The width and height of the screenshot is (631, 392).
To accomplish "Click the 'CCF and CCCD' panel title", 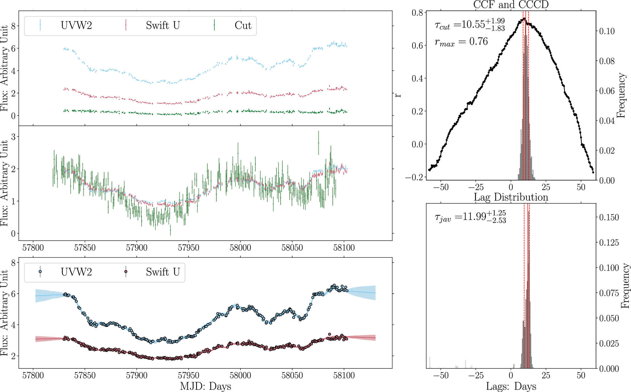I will click(511, 5).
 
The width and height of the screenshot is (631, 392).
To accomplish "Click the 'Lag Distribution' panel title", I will click(511, 197).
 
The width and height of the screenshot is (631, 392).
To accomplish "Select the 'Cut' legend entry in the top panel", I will click(243, 26).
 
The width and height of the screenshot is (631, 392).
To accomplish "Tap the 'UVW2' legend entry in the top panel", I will click(76, 26).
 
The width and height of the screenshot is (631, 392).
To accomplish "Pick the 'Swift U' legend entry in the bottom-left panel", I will click(163, 272).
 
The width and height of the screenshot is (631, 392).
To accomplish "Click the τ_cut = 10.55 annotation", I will click(470, 25).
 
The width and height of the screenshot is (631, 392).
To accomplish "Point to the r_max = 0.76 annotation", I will click(461, 42).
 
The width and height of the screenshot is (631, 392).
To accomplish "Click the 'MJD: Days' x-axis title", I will click(205, 386).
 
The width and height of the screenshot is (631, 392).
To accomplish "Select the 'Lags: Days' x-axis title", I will click(511, 386).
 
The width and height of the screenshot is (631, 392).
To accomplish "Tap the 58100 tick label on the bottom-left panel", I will click(344, 375).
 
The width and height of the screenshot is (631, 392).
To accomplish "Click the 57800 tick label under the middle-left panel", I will click(33, 248).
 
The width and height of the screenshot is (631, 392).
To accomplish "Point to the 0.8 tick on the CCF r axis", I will click(417, 13).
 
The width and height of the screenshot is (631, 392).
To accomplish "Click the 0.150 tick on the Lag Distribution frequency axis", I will click(609, 217).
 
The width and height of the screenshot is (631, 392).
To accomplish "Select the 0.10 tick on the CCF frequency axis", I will click(607, 31).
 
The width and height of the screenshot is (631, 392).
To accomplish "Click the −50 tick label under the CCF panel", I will click(441, 187).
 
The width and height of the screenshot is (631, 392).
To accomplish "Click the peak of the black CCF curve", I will click(524, 18).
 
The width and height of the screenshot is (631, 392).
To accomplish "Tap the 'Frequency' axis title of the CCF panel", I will click(621, 95).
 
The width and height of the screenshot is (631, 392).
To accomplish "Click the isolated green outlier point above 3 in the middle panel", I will click(318, 143).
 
